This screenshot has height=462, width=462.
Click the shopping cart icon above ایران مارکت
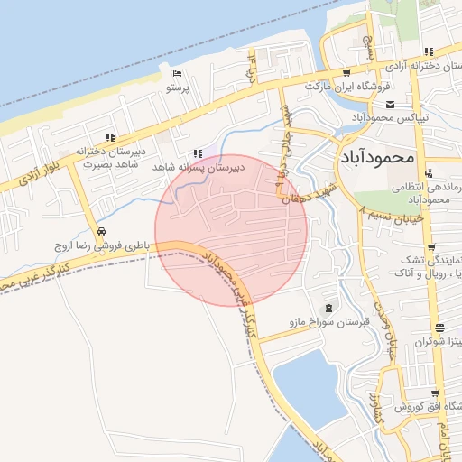pyautogui.click(x=347, y=72)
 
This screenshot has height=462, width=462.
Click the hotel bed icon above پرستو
pyautogui.click(x=176, y=73)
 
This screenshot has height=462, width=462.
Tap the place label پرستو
pyautogui.click(x=177, y=88)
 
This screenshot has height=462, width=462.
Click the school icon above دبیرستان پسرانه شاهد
pyautogui.click(x=199, y=153)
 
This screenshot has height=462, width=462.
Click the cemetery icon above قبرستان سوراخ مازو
pyautogui.click(x=326, y=306)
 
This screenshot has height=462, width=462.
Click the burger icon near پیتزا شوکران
pyautogui.click(x=439, y=328)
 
